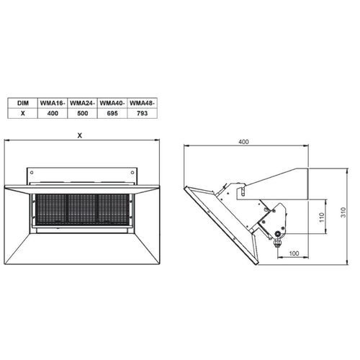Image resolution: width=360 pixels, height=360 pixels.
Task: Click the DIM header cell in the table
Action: click(x=23, y=103)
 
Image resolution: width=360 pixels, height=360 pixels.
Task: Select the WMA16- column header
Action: click(x=53, y=103)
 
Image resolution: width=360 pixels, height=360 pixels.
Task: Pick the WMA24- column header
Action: click(x=83, y=103)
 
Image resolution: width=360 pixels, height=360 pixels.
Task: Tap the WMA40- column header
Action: click(x=112, y=103)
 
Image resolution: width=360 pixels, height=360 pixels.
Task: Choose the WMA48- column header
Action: click(x=142, y=103)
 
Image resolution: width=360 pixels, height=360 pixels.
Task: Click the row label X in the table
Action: click(x=23, y=113)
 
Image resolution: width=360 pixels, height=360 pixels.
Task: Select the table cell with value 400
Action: click(x=53, y=113)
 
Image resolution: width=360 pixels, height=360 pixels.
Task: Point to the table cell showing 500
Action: click(x=83, y=113)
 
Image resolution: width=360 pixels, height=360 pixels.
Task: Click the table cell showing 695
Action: click(x=112, y=113)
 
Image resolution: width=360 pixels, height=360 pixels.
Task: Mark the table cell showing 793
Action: click(x=142, y=113)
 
